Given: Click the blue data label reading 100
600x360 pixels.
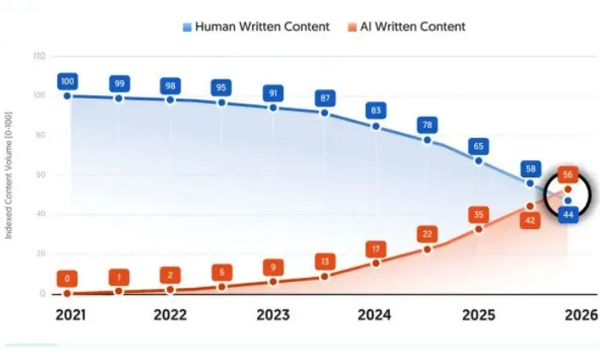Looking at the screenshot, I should click(68, 82).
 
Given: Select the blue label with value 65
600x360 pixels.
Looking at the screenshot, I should click(479, 145).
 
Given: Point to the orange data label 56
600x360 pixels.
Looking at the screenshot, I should click(567, 174).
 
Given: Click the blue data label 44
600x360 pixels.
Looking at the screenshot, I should click(567, 214).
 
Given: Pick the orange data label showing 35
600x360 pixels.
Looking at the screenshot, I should click(479, 214).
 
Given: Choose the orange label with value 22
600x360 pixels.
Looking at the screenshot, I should click(428, 234).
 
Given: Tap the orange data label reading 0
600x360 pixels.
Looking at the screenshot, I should click(68, 279).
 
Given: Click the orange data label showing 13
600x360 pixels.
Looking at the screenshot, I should click(325, 261).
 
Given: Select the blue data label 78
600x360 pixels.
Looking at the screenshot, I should click(428, 125).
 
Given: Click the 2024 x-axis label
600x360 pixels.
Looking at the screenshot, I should click(375, 314).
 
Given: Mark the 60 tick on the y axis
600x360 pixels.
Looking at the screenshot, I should click(39, 174).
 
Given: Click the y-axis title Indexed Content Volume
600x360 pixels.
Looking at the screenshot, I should click(9, 174).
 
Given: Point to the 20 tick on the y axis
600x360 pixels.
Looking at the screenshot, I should click(39, 254).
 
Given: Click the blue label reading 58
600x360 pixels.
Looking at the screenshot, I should click(530, 169).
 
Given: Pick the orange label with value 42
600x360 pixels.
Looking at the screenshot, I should click(530, 220).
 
